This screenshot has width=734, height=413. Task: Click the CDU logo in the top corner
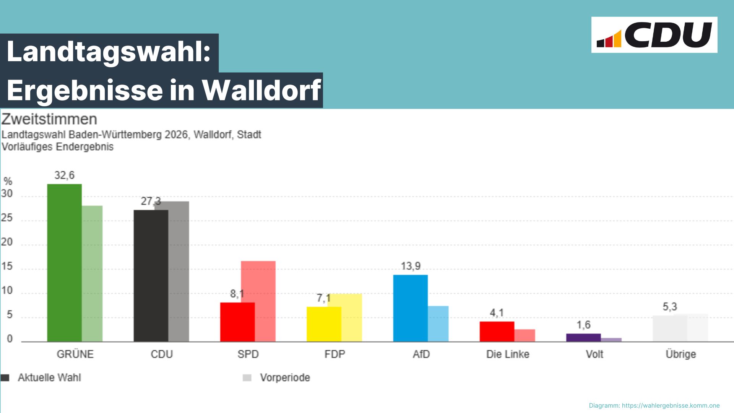(654, 35)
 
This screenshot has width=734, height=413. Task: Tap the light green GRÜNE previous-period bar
(92, 273)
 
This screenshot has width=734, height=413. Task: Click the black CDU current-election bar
(151, 275)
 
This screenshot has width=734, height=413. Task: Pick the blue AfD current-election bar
(410, 308)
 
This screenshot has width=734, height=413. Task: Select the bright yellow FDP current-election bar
(323, 324)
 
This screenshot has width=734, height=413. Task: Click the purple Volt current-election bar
(583, 337)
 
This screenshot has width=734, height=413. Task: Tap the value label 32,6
(64, 176)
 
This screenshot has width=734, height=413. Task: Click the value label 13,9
(411, 266)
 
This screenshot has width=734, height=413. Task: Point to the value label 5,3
(670, 307)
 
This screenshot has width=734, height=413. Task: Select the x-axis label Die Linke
(508, 354)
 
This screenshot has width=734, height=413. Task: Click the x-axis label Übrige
(680, 354)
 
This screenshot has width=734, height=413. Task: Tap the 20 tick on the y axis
(7, 242)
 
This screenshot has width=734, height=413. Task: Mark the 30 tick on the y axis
(7, 194)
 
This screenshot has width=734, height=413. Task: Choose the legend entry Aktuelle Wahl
(49, 378)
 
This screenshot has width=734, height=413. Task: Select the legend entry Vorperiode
(285, 378)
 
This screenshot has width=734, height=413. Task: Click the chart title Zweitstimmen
(49, 119)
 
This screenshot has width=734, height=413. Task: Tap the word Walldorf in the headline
(261, 90)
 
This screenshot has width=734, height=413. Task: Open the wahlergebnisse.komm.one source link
(671, 405)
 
